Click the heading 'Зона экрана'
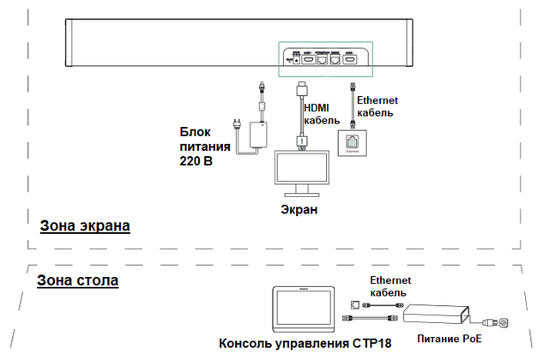84,226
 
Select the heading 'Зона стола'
77,280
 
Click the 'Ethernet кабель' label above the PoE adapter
390,286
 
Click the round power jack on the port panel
297,59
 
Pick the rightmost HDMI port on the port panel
350,59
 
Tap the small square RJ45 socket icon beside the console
354,304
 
